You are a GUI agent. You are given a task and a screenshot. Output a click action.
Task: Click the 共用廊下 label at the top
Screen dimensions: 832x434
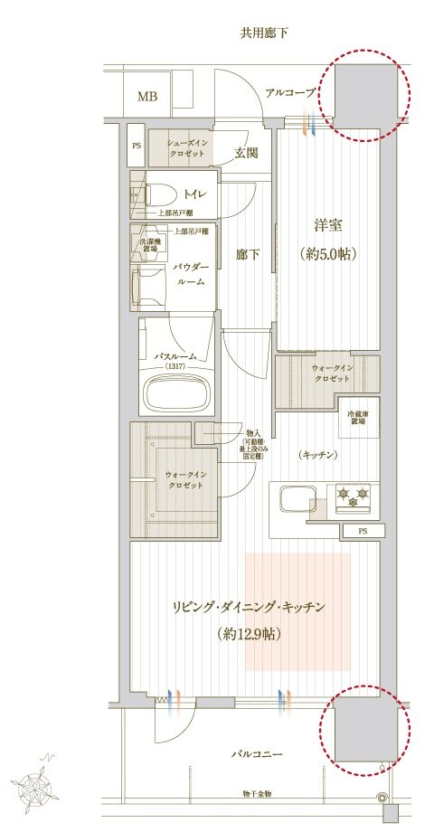point(263,33)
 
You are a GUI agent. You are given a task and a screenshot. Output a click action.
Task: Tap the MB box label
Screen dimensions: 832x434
point(146,97)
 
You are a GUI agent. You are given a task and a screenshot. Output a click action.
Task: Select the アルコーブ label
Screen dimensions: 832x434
point(290,92)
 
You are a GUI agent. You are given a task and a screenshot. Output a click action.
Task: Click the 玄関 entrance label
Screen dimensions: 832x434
point(246,153)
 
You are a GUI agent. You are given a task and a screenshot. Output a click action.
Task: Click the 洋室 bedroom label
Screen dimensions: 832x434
point(327,226)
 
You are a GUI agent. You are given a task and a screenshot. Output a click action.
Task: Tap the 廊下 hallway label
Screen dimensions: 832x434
point(248,254)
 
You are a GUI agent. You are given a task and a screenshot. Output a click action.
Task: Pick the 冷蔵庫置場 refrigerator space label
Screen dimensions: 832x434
point(361,418)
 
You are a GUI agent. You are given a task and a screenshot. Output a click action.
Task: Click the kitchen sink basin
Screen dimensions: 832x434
point(298,499)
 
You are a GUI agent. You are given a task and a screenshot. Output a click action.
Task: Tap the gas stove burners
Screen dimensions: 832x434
point(354,495)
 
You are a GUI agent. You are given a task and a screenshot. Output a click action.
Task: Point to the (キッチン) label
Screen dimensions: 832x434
point(317,455)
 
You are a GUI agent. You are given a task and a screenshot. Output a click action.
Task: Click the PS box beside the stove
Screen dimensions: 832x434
point(363,531)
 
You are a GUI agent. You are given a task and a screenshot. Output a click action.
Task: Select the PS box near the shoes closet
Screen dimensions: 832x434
point(137,144)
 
